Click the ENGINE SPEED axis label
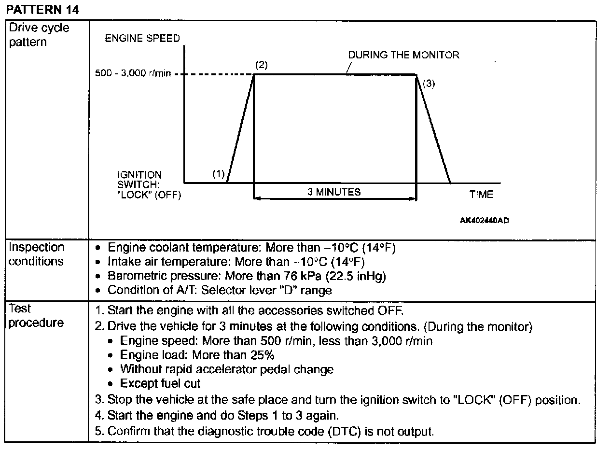142,39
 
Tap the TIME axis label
481,195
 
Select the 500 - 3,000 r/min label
133,75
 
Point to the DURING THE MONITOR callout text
403,55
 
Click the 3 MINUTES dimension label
334,192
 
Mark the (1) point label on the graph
219,174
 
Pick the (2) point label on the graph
261,65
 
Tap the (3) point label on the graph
429,84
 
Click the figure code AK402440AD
484,220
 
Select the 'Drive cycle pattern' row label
39,35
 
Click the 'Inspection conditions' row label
36,254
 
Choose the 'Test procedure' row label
35,316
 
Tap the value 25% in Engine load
262,355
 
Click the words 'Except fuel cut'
160,384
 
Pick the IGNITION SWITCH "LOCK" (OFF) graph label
149,185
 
